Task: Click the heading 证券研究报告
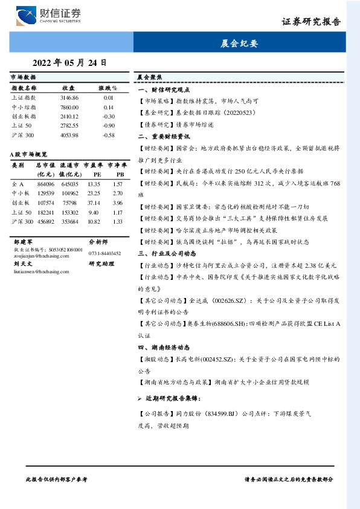311,22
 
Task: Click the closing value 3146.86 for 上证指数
69,97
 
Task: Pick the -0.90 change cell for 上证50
109,125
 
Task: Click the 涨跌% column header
109,88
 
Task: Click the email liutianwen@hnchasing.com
39,271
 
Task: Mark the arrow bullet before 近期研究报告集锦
140,399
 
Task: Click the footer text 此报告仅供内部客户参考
57,478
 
